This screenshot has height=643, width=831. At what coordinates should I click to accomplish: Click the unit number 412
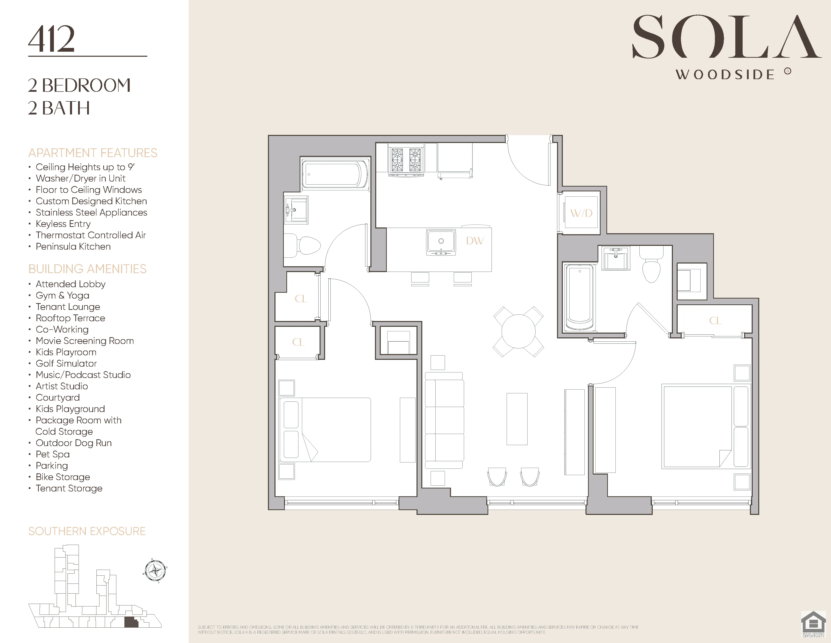coord(51,39)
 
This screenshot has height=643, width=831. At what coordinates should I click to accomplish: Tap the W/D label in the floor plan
coord(581,213)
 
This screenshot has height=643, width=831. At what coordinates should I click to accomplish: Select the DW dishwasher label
coord(475,241)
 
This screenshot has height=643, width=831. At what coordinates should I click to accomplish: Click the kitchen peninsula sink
coord(441,242)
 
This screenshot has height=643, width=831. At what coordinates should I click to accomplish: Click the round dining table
coord(518,331)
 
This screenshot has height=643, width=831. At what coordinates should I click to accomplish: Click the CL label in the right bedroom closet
coord(715,321)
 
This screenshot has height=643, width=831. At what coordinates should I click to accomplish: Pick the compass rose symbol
coord(155,571)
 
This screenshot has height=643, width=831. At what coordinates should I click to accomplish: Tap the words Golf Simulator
coord(66,363)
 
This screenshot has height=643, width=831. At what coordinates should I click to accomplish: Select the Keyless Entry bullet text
coord(63,224)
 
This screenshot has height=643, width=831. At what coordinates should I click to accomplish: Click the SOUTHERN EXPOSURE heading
coord(87,531)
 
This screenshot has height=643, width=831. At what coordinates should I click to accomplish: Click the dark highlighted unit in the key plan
coord(131,622)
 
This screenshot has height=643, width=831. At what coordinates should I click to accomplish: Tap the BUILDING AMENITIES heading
coord(87,269)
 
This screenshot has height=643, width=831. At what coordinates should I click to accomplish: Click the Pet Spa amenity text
coord(53,454)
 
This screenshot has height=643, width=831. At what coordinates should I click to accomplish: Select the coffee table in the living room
coord(517,419)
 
